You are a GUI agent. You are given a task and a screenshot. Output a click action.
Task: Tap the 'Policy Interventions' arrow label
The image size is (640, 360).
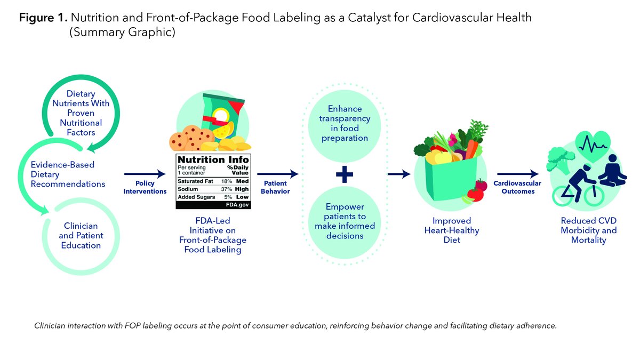tap(145, 187)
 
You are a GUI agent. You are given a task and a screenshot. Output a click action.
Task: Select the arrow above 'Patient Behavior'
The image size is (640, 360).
tap(277, 174)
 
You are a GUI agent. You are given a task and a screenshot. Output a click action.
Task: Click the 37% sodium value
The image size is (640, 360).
tap(226, 189)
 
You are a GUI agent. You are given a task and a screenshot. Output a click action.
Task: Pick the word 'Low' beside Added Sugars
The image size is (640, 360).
tap(243, 196)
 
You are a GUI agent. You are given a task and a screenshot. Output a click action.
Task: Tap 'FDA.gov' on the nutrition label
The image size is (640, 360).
tap(238, 204)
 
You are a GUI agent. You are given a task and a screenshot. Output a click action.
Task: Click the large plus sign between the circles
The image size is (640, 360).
tap(344, 175)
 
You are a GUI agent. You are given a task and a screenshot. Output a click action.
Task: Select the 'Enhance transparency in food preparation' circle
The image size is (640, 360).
tap(344, 123)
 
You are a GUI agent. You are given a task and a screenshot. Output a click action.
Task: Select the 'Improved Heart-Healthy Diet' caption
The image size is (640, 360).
tap(449, 230)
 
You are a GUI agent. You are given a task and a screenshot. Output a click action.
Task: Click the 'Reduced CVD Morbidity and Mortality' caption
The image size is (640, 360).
tap(588, 230)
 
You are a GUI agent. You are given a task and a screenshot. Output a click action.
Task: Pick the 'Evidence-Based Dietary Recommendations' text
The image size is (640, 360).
tap(68, 174)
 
